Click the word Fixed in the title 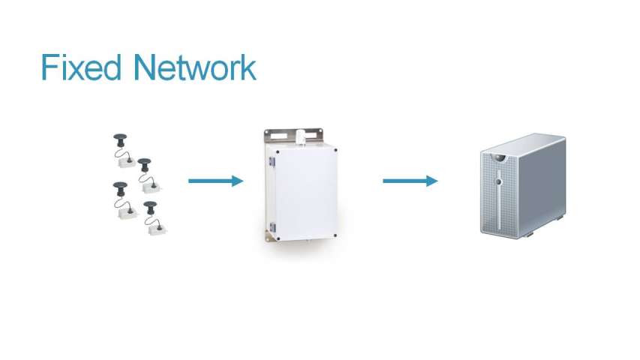81,67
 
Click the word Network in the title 194,67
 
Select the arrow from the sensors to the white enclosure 215,181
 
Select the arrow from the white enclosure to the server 410,181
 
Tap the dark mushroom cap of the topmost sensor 120,137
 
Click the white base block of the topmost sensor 127,163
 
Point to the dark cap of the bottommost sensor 150,205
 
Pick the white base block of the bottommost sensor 158,229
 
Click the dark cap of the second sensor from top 144,162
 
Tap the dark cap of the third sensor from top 120,186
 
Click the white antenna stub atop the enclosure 301,136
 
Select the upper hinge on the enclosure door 272,162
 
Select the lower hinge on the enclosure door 272,228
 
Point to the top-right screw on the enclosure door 335,150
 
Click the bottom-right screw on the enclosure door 335,235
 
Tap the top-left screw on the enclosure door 278,151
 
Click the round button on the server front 498,181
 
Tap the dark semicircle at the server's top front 498,157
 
